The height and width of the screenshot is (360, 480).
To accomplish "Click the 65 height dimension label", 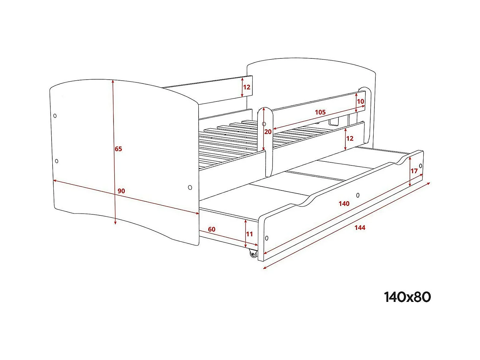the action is (x=118, y=149).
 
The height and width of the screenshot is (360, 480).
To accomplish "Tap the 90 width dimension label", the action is (x=121, y=191).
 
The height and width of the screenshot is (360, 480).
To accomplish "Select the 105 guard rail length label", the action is (x=320, y=112).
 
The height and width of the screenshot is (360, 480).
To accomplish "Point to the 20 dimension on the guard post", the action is (x=268, y=132).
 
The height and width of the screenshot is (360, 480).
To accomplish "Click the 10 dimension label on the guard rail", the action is (x=361, y=102).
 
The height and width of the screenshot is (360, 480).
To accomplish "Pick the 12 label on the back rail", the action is (x=247, y=87).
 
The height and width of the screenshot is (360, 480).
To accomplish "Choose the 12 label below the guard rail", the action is (x=350, y=138).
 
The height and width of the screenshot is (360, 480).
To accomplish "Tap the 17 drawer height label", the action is (x=414, y=171).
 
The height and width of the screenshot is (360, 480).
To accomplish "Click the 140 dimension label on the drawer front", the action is (x=344, y=204).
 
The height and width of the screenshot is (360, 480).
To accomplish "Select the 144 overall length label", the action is (x=360, y=228).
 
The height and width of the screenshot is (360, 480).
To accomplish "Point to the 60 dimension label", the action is (x=212, y=229).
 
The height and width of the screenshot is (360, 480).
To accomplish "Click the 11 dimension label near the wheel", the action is (x=250, y=234).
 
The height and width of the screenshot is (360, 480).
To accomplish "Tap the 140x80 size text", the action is (x=408, y=297).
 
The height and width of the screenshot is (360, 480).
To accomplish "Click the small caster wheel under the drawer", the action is (x=253, y=254).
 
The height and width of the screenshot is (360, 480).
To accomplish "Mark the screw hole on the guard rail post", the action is (x=264, y=124).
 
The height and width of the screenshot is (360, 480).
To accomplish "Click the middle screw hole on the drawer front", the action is (x=358, y=195).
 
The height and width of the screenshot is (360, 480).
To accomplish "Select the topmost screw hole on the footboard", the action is (x=55, y=116).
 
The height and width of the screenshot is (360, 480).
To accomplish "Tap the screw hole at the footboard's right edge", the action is (x=190, y=187).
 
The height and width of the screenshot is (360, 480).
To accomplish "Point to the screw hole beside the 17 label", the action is (x=421, y=166).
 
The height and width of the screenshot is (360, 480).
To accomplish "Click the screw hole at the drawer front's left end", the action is (x=267, y=238).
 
